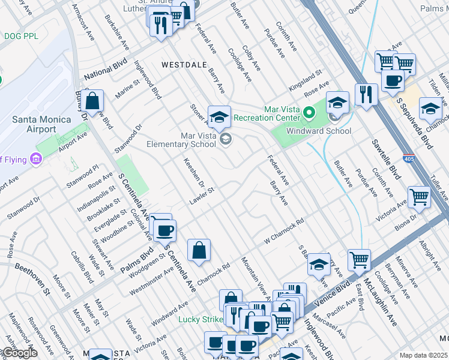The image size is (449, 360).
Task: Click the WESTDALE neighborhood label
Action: [x=183, y=64]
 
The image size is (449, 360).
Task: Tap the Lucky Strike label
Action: [x=200, y=319]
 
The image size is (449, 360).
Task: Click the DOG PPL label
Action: [x=21, y=36]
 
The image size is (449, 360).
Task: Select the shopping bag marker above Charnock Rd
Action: [x=199, y=251]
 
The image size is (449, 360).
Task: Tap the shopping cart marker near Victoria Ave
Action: [x=419, y=197]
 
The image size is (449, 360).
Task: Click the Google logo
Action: [x=19, y=353]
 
